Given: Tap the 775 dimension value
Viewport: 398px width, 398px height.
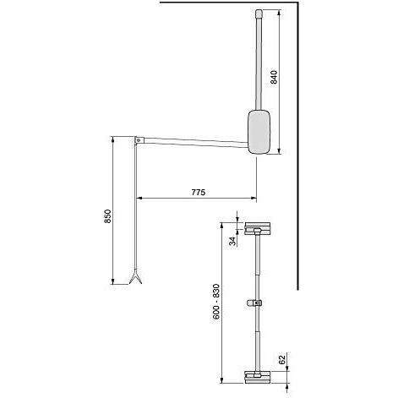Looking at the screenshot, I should tap(197, 192).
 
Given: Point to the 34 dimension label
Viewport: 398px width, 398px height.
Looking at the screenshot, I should tap(233, 240).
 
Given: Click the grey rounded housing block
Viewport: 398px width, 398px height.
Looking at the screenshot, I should tap(259, 132).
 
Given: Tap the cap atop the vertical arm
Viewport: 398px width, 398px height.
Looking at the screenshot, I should tap(259, 14).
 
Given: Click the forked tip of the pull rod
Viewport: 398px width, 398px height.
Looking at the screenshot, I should tap(134, 279).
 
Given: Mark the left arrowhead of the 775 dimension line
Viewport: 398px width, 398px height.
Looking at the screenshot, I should tap(139, 199).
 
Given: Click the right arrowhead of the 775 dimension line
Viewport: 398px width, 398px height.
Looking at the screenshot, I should tap(253, 199).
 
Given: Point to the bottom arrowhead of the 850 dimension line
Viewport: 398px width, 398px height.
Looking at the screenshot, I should tap(112, 281).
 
